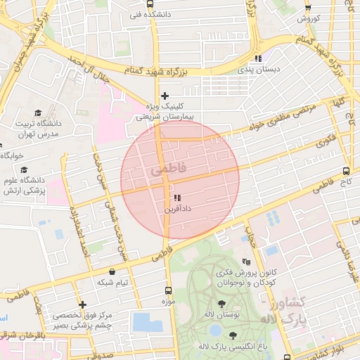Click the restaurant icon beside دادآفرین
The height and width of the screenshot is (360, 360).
tap(177, 198)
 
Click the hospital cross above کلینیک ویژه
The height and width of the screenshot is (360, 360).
tap(165, 96)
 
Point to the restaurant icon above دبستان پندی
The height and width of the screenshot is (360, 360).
tap(258, 58)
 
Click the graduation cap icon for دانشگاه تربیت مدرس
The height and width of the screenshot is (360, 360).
tap(37, 112)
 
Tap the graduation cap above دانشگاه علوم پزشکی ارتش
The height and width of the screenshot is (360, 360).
tap(25, 169)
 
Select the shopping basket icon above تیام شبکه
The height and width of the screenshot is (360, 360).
tap(112, 271)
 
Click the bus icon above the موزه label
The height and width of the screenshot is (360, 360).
tap(167, 290)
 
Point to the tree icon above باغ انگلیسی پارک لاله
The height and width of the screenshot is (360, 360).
tap(233, 335)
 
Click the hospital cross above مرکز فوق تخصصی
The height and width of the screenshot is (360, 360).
tap(83, 305)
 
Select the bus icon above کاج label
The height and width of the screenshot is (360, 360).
tap(346, 171)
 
